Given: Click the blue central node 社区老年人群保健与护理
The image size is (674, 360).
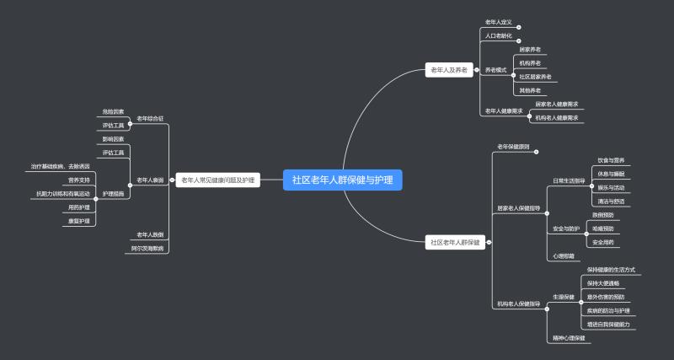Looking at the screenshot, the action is tap(343, 180).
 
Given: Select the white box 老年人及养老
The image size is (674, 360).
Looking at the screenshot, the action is tap(448, 71).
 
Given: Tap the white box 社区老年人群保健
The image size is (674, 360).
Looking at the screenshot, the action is tap(455, 242).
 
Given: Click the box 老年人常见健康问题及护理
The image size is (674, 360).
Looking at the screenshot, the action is tap(217, 180).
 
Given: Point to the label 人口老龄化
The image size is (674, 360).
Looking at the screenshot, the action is tap(498, 36).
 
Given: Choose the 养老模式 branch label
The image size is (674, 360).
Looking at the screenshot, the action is tap(496, 70).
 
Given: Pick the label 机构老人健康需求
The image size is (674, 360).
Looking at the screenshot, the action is tap(557, 118).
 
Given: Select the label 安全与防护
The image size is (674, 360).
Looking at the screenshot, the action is tap(566, 228).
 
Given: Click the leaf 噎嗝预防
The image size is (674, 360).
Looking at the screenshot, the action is tap(602, 228).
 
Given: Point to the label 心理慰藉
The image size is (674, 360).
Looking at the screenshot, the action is tap(564, 255).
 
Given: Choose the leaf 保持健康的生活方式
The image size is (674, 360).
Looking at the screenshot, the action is tap(611, 270).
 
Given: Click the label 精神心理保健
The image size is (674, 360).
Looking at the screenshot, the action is tap(569, 337).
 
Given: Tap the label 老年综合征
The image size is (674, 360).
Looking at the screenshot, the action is tap(150, 119).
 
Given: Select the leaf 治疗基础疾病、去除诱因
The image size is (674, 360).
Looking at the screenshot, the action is tap(60, 166).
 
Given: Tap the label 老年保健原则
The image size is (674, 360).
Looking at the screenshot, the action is tap(513, 146).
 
